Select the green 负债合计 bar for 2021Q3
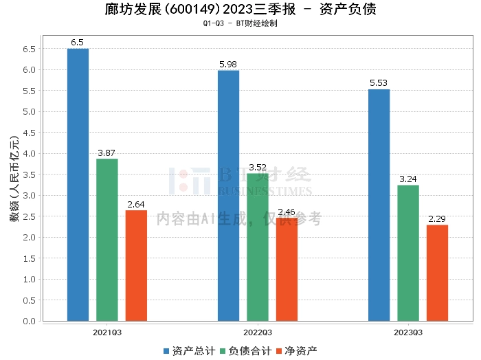[107, 240]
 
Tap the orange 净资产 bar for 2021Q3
[136, 265]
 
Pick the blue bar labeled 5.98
[229, 195]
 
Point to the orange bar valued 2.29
[437, 273]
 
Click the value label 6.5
[78, 43]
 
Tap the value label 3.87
[107, 153]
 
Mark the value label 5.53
[379, 83]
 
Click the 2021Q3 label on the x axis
[107, 333]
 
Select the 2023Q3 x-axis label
[408, 333]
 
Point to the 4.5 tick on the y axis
[28, 133]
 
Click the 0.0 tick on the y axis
[28, 321]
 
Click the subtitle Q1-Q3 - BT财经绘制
[240, 23]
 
